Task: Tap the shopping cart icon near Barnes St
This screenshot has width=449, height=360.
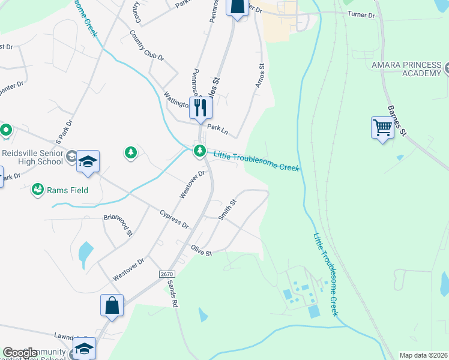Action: (382, 127)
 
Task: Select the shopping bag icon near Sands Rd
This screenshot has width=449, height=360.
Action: (112, 305)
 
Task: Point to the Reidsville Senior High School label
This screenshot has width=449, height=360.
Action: (32, 157)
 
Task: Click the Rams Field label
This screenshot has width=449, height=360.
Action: (68, 190)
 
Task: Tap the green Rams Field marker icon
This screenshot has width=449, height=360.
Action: (38, 190)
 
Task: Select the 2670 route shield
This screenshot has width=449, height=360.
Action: (167, 274)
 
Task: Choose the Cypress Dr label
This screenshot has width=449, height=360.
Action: (174, 220)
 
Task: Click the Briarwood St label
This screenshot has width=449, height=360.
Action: (118, 225)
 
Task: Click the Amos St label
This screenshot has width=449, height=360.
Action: (261, 76)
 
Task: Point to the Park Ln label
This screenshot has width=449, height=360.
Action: (218, 127)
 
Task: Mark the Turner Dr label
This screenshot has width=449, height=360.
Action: (361, 14)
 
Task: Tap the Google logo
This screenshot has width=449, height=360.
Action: (20, 353)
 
